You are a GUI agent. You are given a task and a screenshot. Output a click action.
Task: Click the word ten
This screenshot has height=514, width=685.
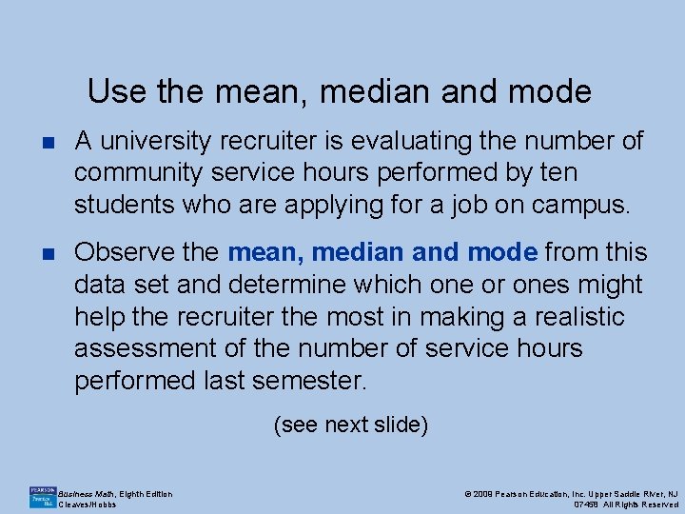(x=558, y=173)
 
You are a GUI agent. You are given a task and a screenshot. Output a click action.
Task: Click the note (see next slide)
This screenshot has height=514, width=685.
(x=350, y=425)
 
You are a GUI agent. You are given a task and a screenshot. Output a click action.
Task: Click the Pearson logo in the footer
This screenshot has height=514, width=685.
(x=42, y=497)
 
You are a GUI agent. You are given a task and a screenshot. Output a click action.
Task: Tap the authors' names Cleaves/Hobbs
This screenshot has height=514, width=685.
(x=88, y=504)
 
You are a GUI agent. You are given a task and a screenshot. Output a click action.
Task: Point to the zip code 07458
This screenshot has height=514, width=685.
(x=588, y=504)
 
